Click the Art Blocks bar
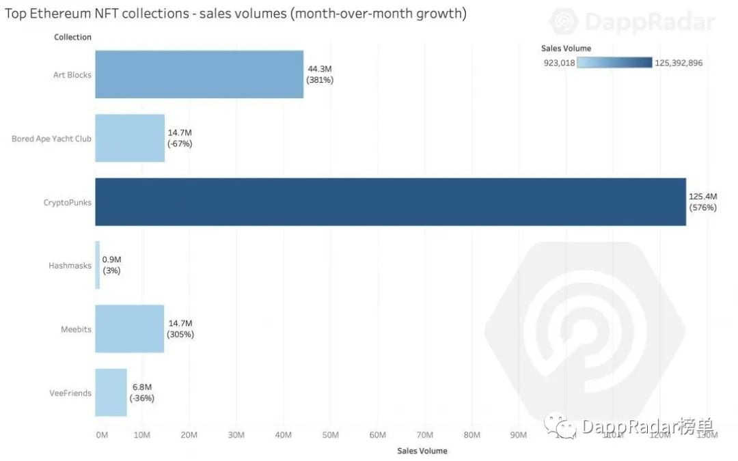pos(199,74)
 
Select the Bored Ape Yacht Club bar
pos(130,138)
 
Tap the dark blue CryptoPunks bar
pos(390,201)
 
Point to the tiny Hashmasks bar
pos(98,265)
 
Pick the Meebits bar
pos(130,329)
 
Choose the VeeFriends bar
pos(111,392)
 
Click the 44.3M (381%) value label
pos(319,74)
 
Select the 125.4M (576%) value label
pos(702,201)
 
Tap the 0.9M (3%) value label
pos(111,265)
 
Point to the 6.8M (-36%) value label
pos(142,392)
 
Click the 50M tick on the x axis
pos(330,435)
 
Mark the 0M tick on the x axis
pos(102,435)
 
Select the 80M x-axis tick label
pos(471,435)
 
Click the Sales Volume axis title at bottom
pos(422,451)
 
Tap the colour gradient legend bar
pos(614,63)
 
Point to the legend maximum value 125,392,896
pos(678,63)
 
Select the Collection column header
pos(72,37)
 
